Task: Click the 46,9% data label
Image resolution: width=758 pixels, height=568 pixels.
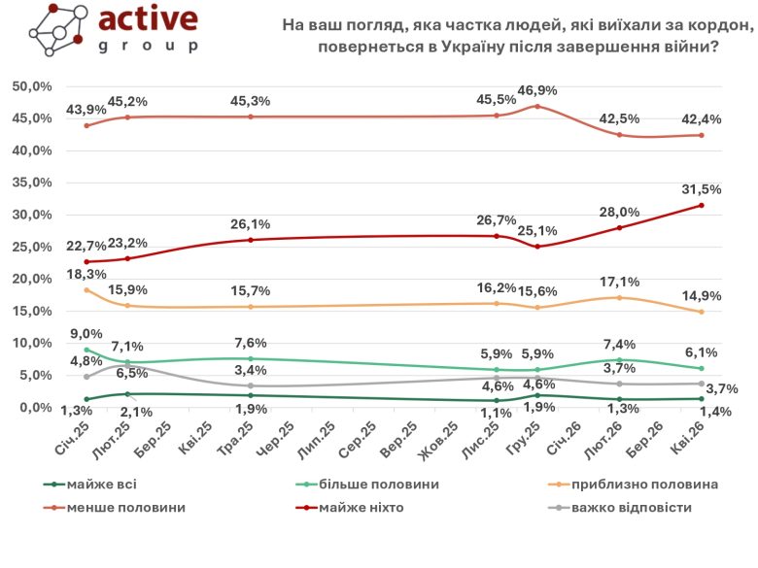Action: click(537, 90)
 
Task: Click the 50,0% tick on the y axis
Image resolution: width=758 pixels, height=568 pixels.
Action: click(32, 86)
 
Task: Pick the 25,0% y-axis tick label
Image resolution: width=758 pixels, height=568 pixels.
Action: click(32, 247)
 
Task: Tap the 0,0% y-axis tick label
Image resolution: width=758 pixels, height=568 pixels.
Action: click(35, 407)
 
